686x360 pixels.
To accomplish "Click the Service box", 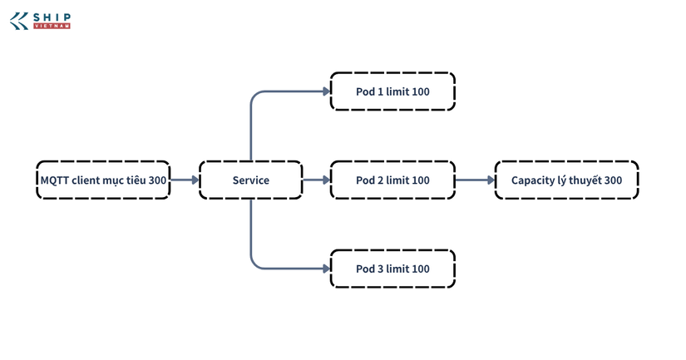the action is coord(250,180).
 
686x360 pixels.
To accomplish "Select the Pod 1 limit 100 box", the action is coord(392,91).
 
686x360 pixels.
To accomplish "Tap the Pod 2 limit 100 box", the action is coord(392,180).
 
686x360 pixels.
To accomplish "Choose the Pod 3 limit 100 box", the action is coord(392,269).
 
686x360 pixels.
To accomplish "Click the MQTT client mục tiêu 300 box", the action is coord(103,180).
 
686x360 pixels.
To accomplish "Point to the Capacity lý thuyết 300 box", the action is coord(566,180).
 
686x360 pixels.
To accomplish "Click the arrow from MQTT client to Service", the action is coord(185,180).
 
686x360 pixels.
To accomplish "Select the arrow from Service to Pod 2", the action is coord(316,180).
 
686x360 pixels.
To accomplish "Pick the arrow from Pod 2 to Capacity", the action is coord(475,180).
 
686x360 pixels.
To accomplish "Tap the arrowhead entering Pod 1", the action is coord(327,91).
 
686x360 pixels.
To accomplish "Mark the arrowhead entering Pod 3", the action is coord(327,269).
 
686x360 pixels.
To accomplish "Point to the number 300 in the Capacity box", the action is coord(614,180).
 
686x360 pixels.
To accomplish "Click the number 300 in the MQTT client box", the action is coord(157,180).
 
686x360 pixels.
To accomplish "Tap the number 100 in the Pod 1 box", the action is coord(421,91).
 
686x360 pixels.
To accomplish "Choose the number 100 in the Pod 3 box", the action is coord(421,269).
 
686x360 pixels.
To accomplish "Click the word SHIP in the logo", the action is coord(52,17).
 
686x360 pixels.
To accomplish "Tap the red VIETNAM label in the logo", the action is coord(52,27).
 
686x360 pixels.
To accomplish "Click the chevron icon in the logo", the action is coord(19,21).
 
